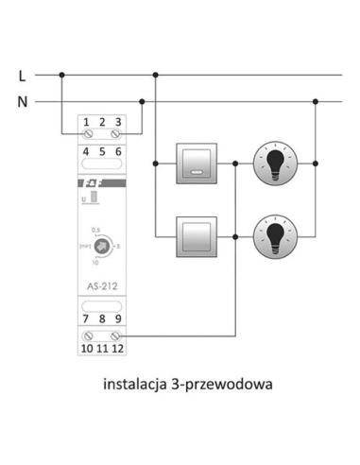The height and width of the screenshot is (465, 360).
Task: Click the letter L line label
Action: [x=22, y=73]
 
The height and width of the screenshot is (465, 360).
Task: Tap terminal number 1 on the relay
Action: [x=87, y=121]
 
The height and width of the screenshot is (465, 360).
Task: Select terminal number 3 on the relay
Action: [x=117, y=121]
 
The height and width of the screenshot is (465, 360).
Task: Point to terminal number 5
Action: [x=102, y=151]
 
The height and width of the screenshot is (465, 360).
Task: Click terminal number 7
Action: [x=87, y=319]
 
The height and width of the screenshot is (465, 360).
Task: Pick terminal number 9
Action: [x=117, y=319]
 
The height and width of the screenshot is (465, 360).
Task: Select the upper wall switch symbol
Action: [x=197, y=162]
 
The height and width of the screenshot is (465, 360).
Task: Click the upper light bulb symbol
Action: [x=275, y=162]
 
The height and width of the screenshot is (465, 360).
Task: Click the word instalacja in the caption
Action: [x=138, y=386]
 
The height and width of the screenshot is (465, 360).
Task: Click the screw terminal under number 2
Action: [x=102, y=135]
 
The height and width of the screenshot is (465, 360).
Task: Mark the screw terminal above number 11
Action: [x=102, y=335]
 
